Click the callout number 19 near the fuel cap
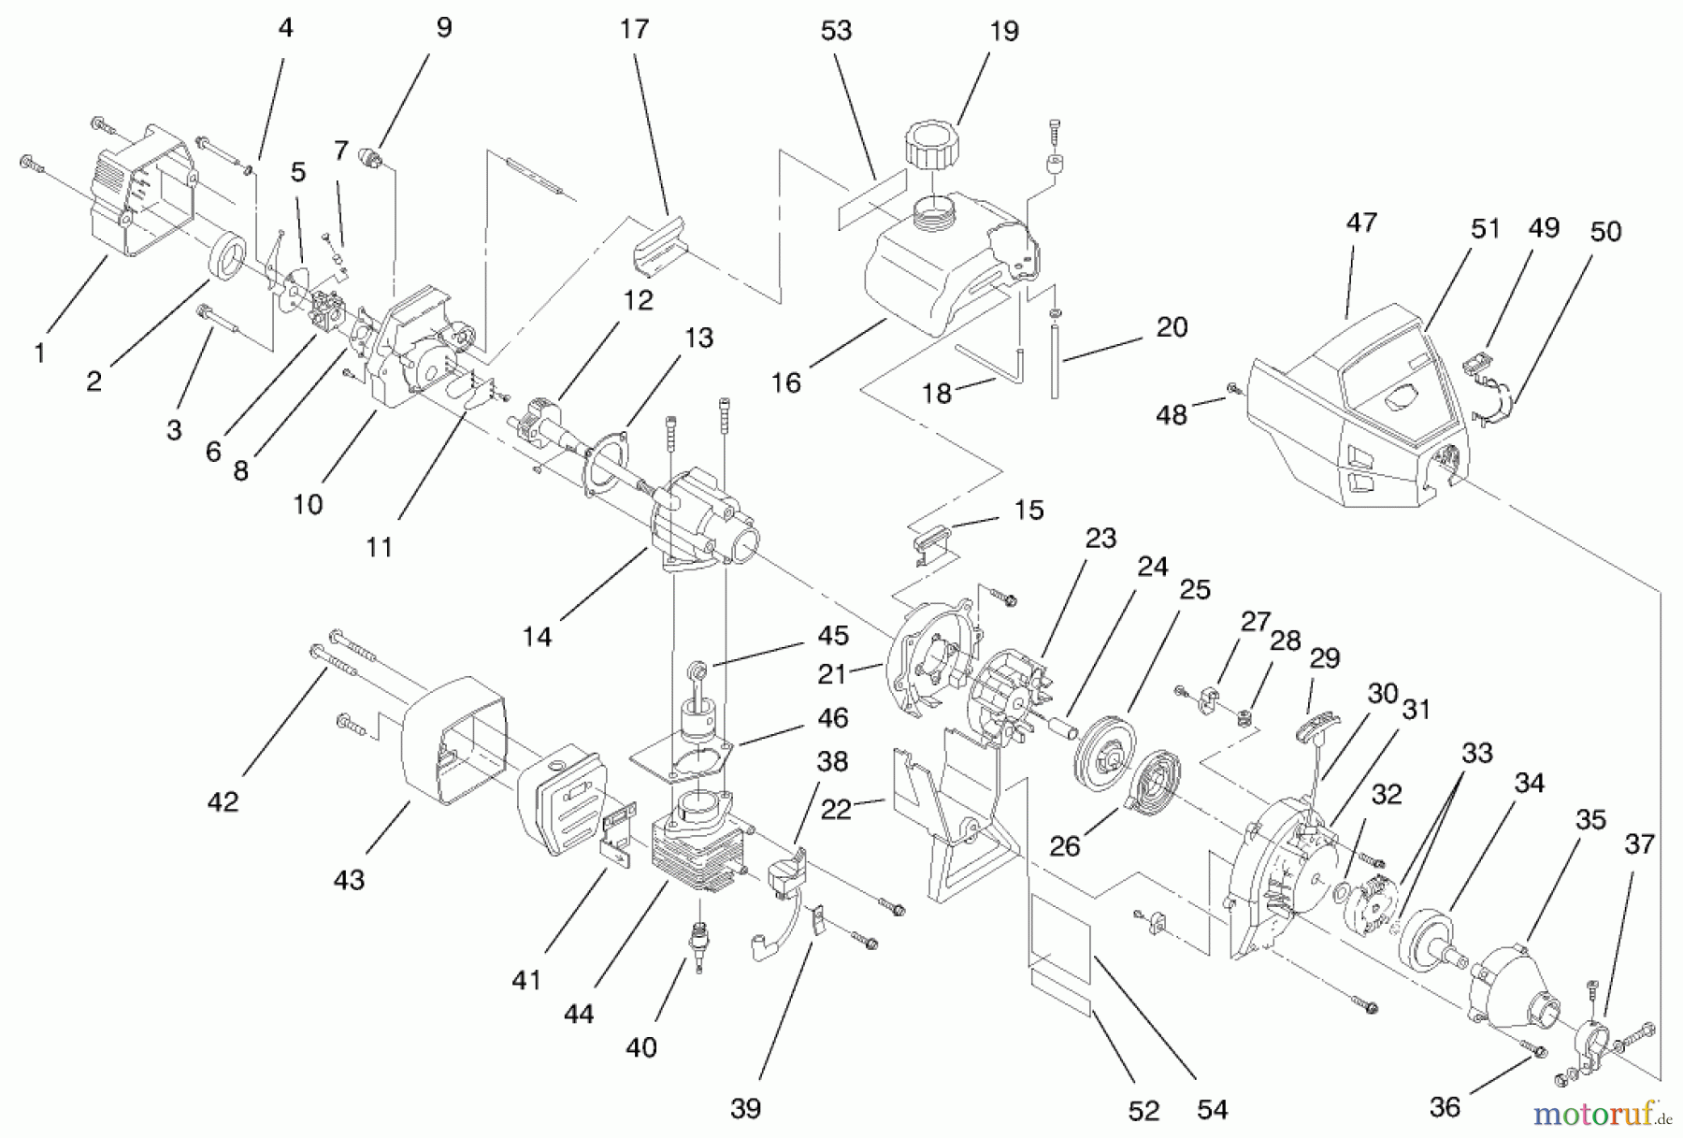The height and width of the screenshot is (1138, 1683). click(1003, 31)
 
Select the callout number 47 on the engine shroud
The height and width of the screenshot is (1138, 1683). click(1361, 223)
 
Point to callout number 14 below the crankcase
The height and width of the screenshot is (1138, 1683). click(537, 637)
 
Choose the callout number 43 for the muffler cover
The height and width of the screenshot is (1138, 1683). click(349, 880)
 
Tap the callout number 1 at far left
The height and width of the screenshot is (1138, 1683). click(39, 353)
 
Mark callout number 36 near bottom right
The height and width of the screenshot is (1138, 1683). click(1445, 1107)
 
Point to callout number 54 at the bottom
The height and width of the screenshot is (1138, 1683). click(1213, 1110)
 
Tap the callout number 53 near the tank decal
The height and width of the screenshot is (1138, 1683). click(836, 31)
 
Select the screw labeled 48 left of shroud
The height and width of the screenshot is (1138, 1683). click(1232, 388)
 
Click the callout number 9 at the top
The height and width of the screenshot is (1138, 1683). click(443, 27)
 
